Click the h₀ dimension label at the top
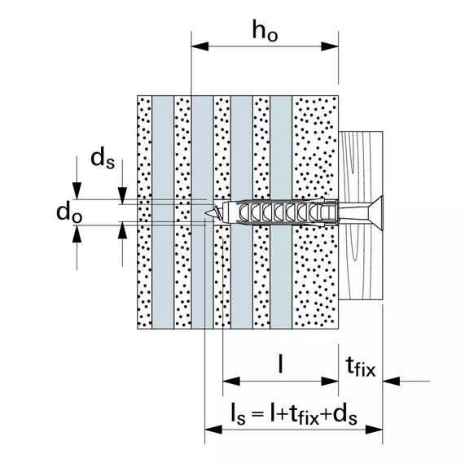[x=265, y=31]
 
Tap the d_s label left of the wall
[x=103, y=159]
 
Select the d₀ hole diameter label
[x=69, y=212]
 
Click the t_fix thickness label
[x=361, y=367]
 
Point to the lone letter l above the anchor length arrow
[x=280, y=363]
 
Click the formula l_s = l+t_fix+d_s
[x=294, y=413]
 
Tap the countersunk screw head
[x=375, y=212]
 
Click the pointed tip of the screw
[x=206, y=212]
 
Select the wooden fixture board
[x=361, y=216]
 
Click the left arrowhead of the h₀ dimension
[x=200, y=46]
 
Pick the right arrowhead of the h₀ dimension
[x=330, y=46]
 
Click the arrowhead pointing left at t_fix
[x=392, y=381]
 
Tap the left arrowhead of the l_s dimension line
[x=213, y=430]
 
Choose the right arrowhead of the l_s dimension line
[x=374, y=430]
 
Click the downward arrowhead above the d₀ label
[x=77, y=190]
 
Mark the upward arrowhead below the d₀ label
[x=77, y=233]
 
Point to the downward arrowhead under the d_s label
[x=122, y=196]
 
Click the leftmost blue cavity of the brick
[x=163, y=212]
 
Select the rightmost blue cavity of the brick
[x=281, y=212]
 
